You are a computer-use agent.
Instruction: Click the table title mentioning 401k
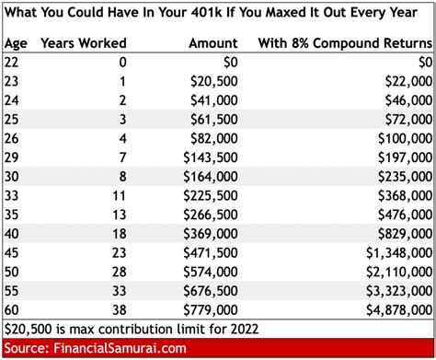click(x=216, y=13)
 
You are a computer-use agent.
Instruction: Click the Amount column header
click(x=212, y=43)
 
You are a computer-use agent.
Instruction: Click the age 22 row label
click(x=13, y=63)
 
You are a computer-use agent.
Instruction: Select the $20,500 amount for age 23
click(x=214, y=82)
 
